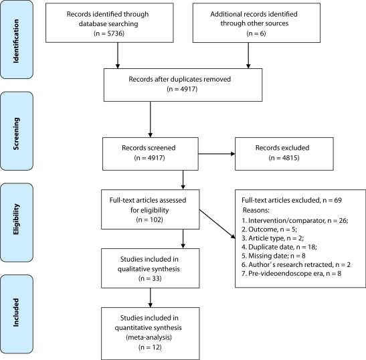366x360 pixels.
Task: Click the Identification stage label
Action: coord(16,41)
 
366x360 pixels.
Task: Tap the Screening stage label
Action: coord(16,134)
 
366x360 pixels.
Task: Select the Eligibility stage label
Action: coord(16,219)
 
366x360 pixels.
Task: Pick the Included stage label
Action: coord(16,312)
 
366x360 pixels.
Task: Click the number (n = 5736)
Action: coord(109,33)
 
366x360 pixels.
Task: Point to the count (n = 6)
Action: coord(256,33)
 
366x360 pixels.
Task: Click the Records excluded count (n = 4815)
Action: coord(284,158)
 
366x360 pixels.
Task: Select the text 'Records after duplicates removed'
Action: coord(180,79)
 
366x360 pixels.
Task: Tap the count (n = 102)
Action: coord(150,219)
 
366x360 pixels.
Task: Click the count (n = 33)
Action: coord(150,278)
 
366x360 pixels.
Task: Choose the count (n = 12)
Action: coord(150,347)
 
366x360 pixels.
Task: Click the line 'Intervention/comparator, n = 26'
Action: coord(295,220)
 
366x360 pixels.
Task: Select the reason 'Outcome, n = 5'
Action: coord(269,230)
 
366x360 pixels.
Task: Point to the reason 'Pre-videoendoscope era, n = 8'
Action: coord(291,274)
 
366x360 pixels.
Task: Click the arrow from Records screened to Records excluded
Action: coord(217,154)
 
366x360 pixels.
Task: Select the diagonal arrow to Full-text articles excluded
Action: coord(217,224)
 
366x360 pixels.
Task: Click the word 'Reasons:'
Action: coord(256,210)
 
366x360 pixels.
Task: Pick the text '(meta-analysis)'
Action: coord(149,337)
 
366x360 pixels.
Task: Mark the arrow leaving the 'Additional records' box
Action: coord(248,56)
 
